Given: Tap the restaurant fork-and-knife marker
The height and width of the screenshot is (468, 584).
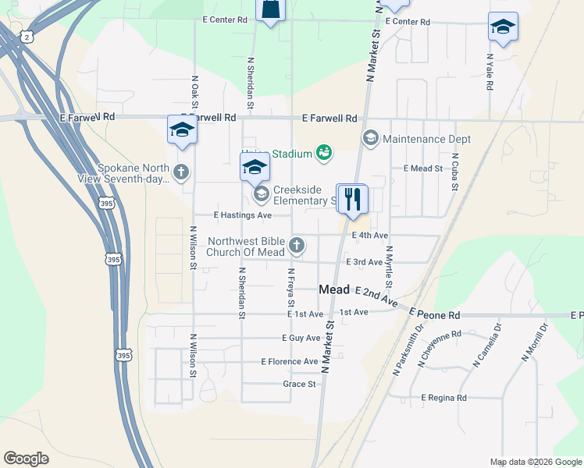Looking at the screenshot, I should pyautogui.click(x=353, y=200).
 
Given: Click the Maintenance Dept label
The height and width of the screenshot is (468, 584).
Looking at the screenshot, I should pyautogui.click(x=426, y=139).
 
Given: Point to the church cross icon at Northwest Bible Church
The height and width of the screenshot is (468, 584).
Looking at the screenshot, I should pyautogui.click(x=296, y=246).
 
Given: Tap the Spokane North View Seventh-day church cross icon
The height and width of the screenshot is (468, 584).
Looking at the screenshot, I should pyautogui.click(x=181, y=171).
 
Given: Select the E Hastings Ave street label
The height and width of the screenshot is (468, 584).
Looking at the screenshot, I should pyautogui.click(x=243, y=215).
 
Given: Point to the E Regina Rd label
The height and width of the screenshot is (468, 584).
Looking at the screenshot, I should pyautogui.click(x=443, y=398).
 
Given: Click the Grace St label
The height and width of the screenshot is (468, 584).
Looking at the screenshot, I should pyautogui.click(x=300, y=385).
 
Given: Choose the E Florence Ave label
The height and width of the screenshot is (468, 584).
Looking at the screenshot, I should pyautogui.click(x=290, y=362).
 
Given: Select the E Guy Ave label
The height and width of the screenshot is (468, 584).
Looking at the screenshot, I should pyautogui.click(x=301, y=339).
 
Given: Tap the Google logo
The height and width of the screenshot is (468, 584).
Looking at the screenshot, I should pyautogui.click(x=27, y=459).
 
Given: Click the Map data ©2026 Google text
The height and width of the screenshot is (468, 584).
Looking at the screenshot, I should pyautogui.click(x=535, y=462).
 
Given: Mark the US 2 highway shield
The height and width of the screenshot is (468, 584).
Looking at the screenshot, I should pyautogui.click(x=27, y=37).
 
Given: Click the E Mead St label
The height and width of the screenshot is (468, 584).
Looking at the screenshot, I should pyautogui.click(x=423, y=168).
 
